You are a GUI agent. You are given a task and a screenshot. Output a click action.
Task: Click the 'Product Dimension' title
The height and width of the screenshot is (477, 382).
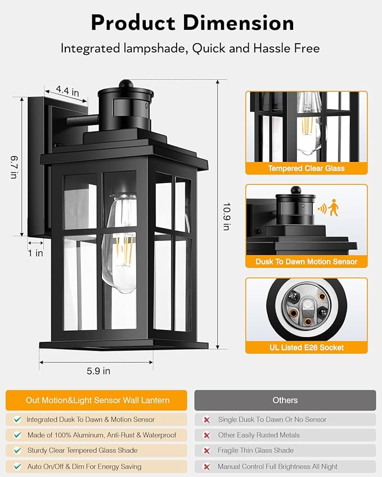point(191,23)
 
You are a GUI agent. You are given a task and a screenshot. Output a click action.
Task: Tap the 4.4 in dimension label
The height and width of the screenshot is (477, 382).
point(68,90)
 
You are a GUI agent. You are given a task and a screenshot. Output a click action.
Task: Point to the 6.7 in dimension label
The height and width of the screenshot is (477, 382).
point(12,167)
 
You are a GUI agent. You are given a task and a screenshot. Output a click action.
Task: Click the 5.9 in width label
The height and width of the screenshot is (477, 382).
point(98,371)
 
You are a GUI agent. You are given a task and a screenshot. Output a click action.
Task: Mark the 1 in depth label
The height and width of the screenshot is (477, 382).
point(35,253)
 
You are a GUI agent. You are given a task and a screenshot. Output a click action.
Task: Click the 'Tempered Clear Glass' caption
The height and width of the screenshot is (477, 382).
point(306,168)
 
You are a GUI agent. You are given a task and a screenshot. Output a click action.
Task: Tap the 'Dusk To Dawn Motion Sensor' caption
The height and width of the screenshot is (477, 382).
point(306,262)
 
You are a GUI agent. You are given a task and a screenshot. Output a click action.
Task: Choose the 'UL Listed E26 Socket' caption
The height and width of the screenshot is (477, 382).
point(306,347)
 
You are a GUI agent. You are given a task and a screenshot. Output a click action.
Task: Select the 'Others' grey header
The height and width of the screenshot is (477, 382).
point(285,400)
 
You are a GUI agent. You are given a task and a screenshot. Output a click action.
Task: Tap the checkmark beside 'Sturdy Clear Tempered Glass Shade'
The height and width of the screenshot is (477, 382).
point(17,451)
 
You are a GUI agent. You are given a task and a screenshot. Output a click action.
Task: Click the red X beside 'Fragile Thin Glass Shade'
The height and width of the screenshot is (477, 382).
point(206,451)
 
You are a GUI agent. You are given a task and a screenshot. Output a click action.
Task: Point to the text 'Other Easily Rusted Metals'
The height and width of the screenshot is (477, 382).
point(258,435)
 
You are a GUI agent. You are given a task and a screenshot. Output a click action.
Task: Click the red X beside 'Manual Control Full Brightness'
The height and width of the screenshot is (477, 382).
point(206,466)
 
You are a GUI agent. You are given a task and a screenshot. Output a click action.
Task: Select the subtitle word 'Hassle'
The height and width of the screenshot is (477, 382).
point(274,48)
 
